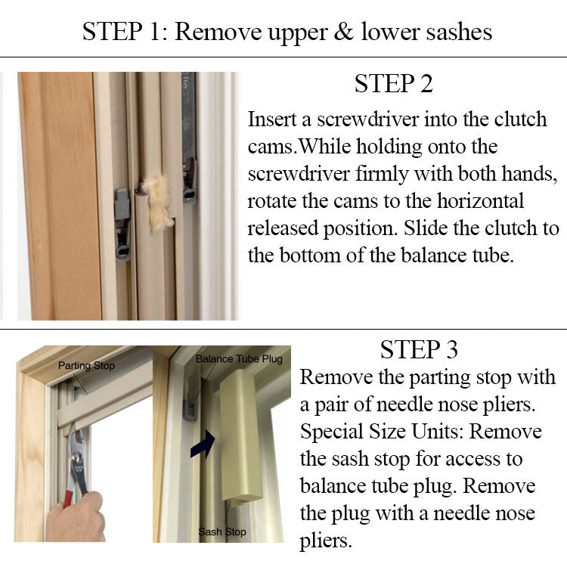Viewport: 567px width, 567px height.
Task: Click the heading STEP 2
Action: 393,84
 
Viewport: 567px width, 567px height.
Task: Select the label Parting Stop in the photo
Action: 86,366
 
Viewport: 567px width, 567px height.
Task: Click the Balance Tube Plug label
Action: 239,358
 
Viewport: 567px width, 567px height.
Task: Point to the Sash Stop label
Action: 222,532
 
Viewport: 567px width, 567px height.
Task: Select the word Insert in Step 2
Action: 277,120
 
